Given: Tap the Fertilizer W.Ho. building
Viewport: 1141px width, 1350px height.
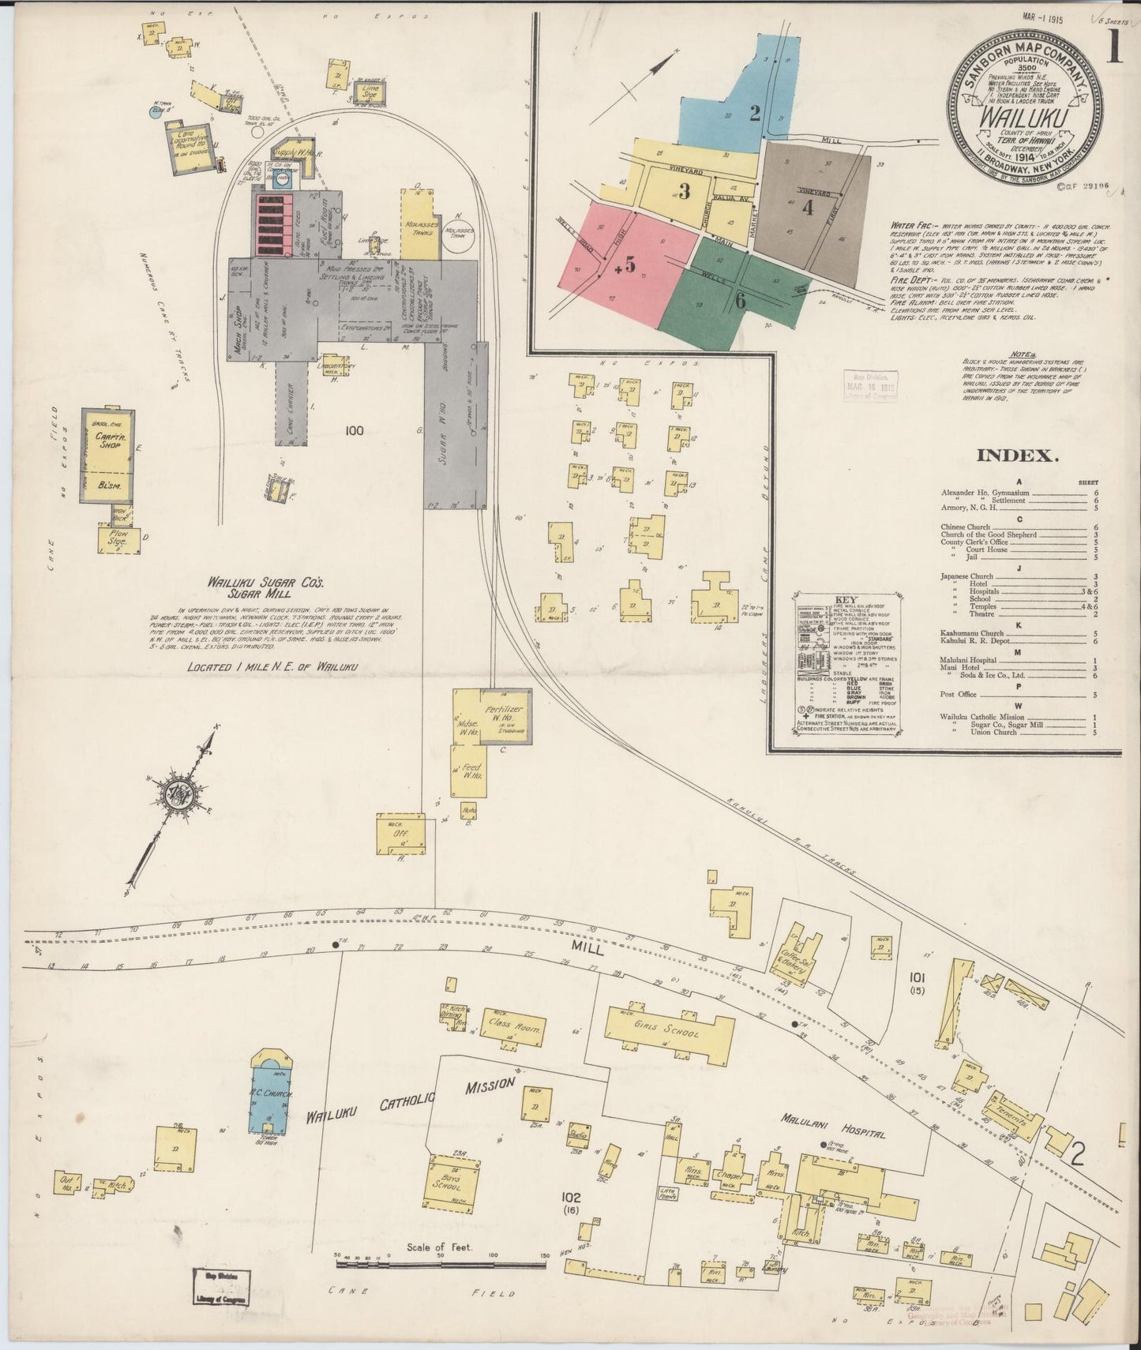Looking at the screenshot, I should (x=505, y=715).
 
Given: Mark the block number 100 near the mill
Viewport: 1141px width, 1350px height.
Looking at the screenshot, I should (x=355, y=430).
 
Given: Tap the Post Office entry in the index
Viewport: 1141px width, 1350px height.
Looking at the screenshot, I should (x=959, y=695).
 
